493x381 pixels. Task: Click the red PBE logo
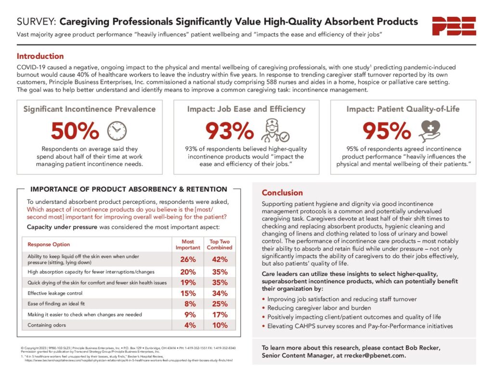point(454,26)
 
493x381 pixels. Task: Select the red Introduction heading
point(40,56)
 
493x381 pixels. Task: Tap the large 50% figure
point(75,130)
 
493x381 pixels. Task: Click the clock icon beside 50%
point(117,130)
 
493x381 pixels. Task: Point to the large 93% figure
point(229,130)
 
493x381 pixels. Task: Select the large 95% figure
point(386,130)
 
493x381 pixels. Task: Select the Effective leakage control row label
point(55,293)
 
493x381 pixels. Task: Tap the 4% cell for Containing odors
point(190,325)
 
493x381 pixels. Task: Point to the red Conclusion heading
point(282,193)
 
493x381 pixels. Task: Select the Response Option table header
point(49,244)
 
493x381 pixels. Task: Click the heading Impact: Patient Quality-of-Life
point(403,109)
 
